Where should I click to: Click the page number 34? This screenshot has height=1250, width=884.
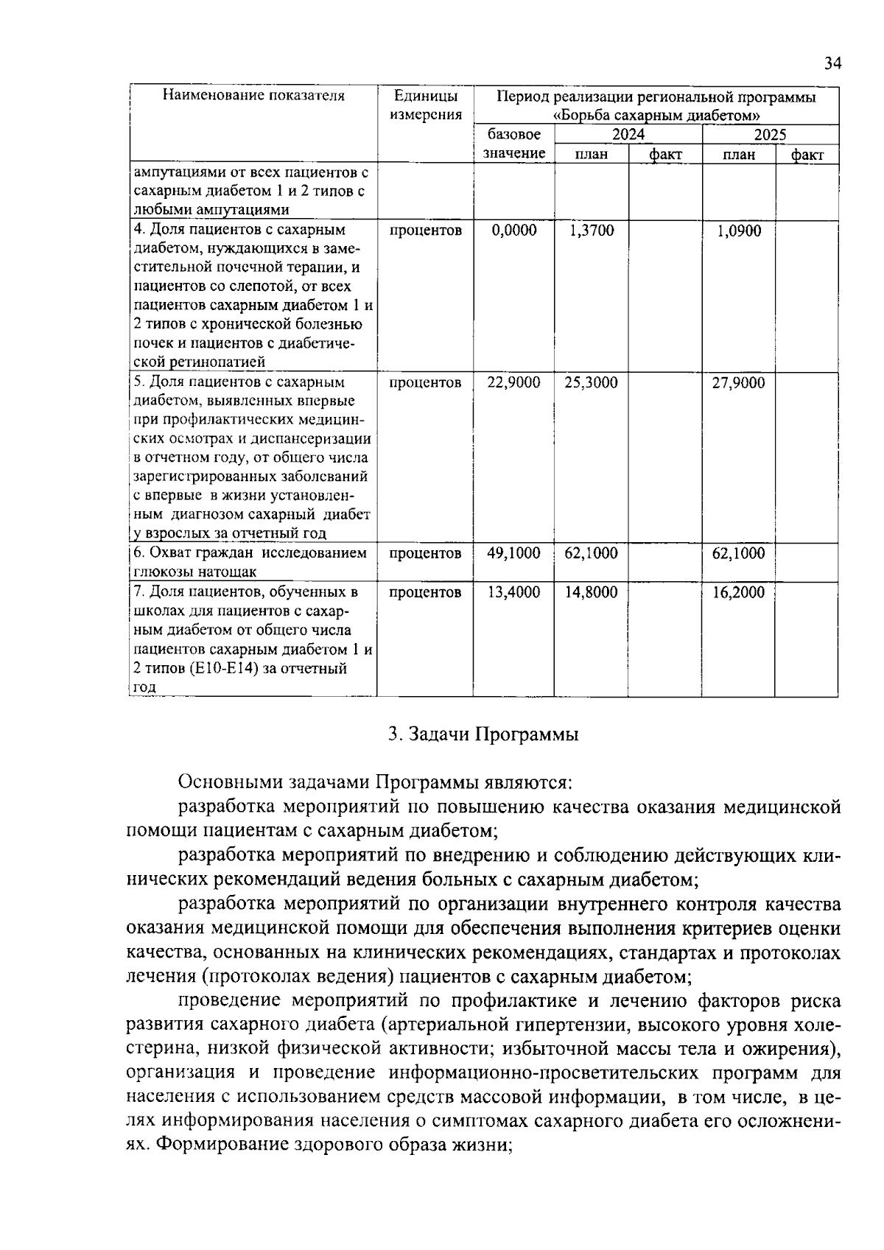click(x=832, y=63)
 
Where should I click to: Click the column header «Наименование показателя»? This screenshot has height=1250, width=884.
click(x=253, y=96)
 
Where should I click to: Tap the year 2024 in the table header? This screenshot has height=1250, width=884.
click(x=628, y=135)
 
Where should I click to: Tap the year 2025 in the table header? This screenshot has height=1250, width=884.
click(x=770, y=135)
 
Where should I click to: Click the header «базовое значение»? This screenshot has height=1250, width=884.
click(x=514, y=144)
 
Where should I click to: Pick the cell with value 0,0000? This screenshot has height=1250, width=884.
click(x=514, y=231)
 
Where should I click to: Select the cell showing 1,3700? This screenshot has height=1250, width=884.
click(x=592, y=231)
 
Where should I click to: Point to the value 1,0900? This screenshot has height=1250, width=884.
click(x=739, y=231)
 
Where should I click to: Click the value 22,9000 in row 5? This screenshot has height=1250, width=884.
click(x=514, y=382)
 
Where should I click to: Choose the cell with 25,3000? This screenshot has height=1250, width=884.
click(x=591, y=382)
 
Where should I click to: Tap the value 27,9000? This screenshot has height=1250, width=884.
click(x=738, y=382)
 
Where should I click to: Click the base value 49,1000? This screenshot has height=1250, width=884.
click(x=514, y=553)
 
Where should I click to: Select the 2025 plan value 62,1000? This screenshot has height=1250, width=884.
click(x=738, y=553)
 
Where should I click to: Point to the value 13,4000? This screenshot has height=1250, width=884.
click(x=514, y=592)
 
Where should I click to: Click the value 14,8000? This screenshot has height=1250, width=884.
click(x=591, y=592)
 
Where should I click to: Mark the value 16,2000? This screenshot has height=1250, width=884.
click(x=738, y=592)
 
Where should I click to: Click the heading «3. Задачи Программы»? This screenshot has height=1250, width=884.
click(x=483, y=734)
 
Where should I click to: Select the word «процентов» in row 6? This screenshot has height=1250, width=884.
click(x=426, y=553)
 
